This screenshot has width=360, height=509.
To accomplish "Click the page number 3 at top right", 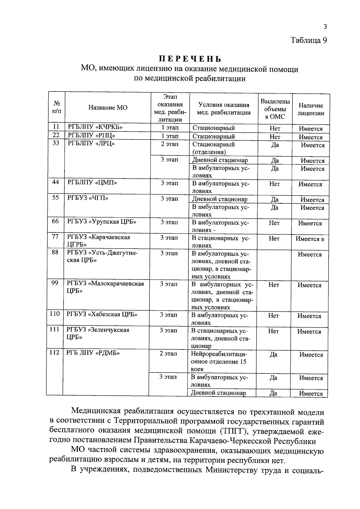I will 325,27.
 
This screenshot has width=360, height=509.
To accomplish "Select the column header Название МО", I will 108,108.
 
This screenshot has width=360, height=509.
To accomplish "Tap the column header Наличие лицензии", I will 311,109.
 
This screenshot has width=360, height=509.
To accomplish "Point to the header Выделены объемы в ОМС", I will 275,109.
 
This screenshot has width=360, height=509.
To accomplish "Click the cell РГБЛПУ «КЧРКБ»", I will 95,127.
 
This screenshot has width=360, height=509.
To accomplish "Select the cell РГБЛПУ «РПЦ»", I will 91,135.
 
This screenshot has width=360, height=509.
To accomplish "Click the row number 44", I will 55,182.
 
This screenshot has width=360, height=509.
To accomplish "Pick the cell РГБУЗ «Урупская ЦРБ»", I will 102,222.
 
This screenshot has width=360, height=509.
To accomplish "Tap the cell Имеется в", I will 310,239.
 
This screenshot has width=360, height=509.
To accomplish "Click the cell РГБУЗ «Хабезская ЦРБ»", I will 102,314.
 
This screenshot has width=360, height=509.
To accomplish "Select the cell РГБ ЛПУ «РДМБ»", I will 93,353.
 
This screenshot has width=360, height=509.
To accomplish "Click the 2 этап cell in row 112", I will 168,354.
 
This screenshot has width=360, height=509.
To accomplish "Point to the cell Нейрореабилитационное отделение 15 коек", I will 218,361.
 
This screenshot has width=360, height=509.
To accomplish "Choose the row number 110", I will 55,314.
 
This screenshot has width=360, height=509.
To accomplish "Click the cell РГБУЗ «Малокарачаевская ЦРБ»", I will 105,287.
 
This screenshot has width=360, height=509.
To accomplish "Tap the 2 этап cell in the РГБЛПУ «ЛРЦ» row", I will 170,144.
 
